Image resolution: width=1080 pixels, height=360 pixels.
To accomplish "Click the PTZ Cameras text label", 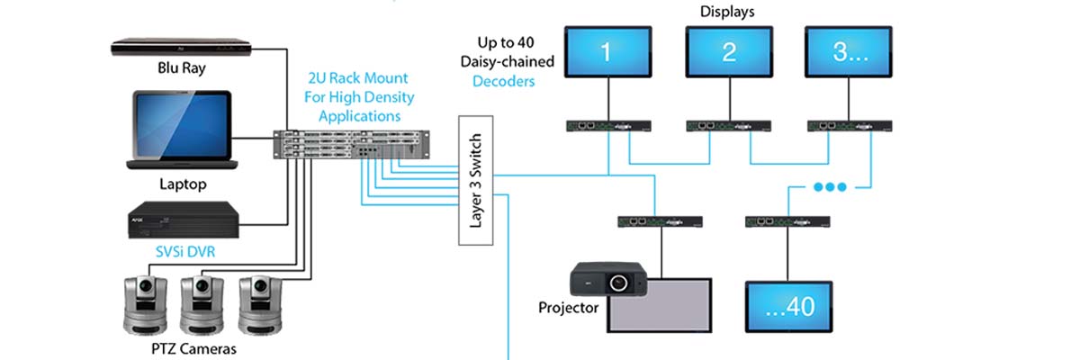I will (193, 347).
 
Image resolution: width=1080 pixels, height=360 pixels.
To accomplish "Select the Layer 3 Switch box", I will (477, 181).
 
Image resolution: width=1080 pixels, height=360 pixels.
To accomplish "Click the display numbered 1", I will (606, 52).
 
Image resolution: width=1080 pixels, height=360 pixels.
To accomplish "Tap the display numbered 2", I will (728, 52).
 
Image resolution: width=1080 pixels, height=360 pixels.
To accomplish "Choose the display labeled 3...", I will (849, 52).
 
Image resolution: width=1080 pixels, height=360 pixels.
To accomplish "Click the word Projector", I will (569, 308).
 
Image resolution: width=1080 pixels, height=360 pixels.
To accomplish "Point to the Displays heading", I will (728, 12).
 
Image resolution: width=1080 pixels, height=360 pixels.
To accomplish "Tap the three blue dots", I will (829, 188).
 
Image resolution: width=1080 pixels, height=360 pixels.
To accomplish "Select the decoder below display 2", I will (728, 127).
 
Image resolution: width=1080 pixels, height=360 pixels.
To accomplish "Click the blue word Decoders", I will (504, 81).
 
